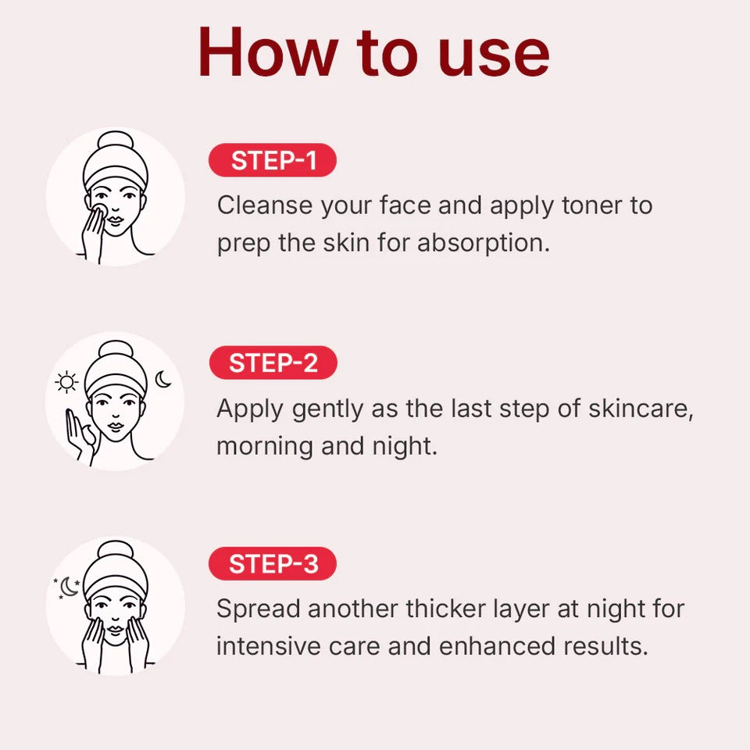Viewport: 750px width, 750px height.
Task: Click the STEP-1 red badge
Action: click(273, 160)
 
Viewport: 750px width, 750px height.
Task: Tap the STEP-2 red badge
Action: click(273, 362)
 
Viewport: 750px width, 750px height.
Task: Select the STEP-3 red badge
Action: click(273, 564)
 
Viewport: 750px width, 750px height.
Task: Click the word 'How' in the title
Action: click(265, 53)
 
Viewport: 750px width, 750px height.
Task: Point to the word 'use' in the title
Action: click(494, 53)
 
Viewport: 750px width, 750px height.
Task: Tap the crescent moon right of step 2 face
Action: click(163, 380)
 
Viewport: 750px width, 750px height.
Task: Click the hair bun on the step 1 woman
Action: click(116, 144)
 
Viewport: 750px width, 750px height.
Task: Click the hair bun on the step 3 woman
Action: click(116, 551)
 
